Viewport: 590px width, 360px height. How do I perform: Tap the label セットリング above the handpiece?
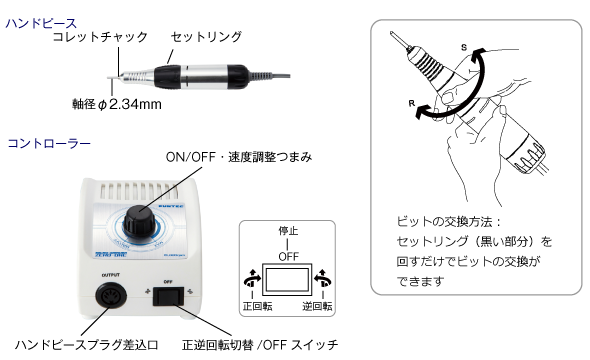coord(206,37)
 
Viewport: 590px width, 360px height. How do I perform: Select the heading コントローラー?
coord(49,144)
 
